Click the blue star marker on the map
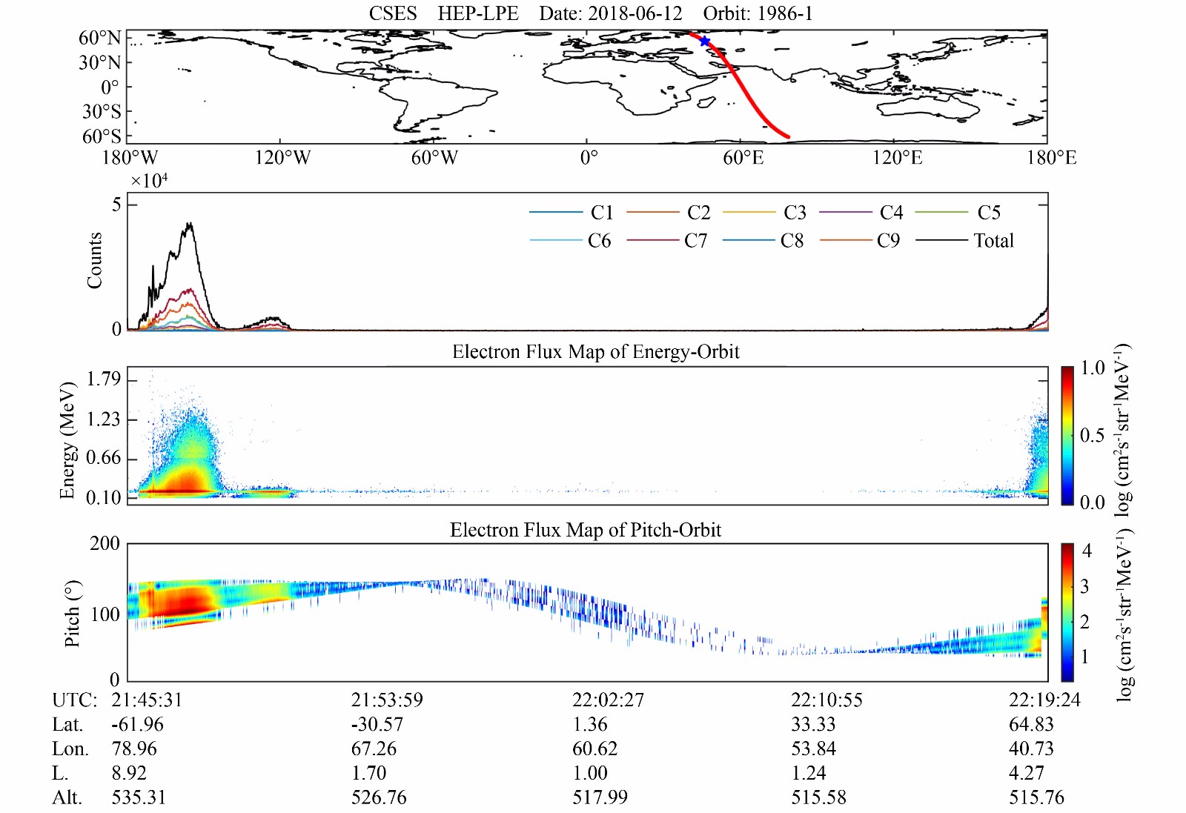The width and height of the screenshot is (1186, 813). (x=704, y=42)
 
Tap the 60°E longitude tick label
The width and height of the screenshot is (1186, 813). (x=743, y=158)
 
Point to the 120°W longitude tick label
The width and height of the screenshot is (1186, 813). (x=282, y=158)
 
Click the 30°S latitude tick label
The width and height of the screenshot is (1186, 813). (x=102, y=112)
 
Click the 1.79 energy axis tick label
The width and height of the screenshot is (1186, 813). (x=103, y=379)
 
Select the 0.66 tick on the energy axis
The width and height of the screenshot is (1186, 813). (x=103, y=458)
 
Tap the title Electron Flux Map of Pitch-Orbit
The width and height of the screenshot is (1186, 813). (x=586, y=530)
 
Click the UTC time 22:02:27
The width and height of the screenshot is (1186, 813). (x=608, y=700)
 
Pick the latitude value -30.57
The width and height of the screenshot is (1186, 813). (x=377, y=725)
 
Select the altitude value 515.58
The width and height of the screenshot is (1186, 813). (x=819, y=797)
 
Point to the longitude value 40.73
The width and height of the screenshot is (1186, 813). (x=1031, y=749)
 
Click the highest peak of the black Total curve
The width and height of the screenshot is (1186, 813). (x=190, y=223)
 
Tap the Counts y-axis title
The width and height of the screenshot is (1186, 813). (x=94, y=260)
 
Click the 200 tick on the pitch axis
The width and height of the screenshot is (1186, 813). (x=105, y=543)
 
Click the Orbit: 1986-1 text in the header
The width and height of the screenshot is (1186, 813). (x=758, y=13)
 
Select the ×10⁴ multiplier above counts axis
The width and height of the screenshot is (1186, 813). (x=149, y=181)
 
